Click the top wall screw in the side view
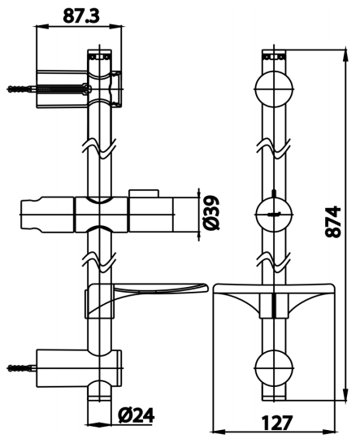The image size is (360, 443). pyautogui.click(x=21, y=88)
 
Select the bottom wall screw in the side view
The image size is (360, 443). pyautogui.click(x=21, y=367)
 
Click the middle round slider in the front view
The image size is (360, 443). pyautogui.click(x=273, y=216)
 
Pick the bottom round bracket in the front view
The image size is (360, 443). pyautogui.click(x=273, y=367)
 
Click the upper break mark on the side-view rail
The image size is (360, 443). pyautogui.click(x=99, y=150)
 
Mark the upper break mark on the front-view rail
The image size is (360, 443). pyautogui.click(x=273, y=150)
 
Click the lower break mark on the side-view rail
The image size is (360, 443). pyautogui.click(x=99, y=262)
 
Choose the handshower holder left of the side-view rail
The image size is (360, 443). pyautogui.click(x=47, y=216)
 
